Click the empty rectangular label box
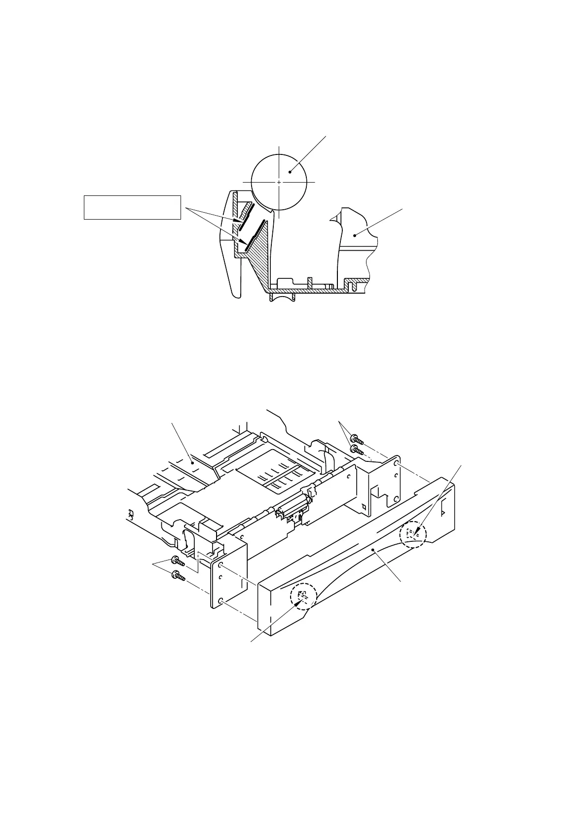tap(132, 207)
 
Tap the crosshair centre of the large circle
tap(279, 182)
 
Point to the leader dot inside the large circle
tap(291, 172)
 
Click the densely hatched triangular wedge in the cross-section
tap(259, 257)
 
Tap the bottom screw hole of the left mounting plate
tap(220, 600)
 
